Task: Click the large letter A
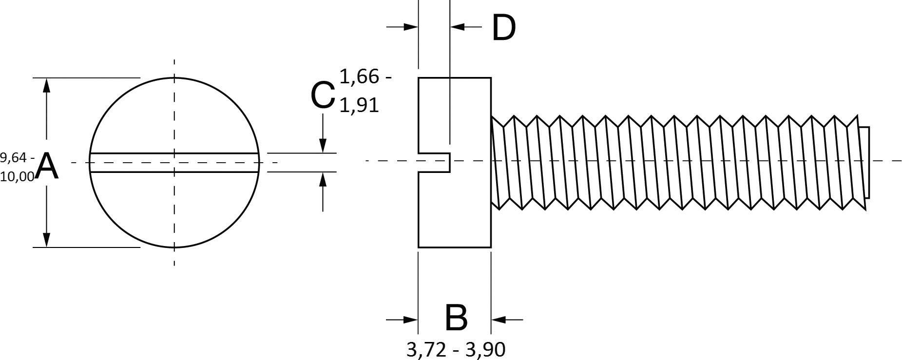(47, 166)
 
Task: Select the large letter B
(456, 318)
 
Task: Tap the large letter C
(322, 95)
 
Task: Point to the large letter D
(503, 28)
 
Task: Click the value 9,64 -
(17, 157)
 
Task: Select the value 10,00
(18, 177)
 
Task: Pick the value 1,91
(359, 105)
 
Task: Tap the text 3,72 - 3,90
(456, 349)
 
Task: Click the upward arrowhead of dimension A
(46, 85)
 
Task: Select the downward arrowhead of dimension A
(46, 239)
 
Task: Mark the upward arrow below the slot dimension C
(322, 180)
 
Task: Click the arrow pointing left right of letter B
(499, 320)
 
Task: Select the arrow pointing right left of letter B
(410, 320)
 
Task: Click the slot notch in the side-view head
(434, 162)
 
